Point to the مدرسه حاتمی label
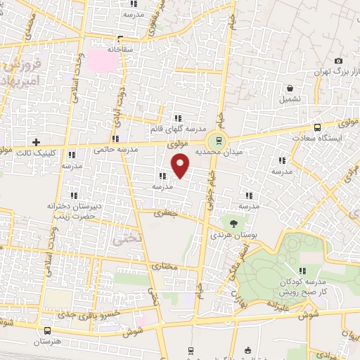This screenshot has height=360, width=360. pyautogui.click(x=112, y=149)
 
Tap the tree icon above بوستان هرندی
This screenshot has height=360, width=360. pyautogui.click(x=231, y=224)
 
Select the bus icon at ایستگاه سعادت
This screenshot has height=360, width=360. pyautogui.click(x=318, y=128)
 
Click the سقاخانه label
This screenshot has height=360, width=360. pyautogui.click(x=120, y=51)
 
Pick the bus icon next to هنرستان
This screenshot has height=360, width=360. pyautogui.click(x=47, y=330)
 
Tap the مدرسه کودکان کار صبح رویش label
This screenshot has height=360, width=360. pyautogui.click(x=304, y=285)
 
